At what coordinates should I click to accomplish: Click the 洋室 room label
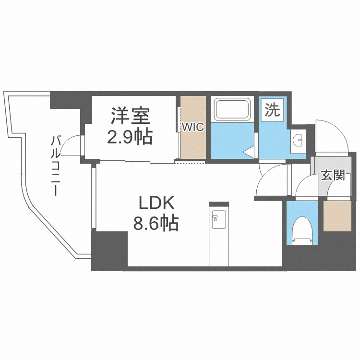(x=131, y=116)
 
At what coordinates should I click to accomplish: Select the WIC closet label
(x=192, y=127)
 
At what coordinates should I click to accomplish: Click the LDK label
(x=156, y=204)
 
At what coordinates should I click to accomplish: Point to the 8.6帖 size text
(x=156, y=224)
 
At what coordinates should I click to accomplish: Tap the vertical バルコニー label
(x=56, y=166)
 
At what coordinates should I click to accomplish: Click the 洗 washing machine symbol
(x=272, y=111)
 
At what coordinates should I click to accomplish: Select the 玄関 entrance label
(x=333, y=176)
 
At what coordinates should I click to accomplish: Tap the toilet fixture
(x=301, y=229)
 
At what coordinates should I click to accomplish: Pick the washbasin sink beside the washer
(x=298, y=140)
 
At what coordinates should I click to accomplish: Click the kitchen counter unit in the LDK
(x=219, y=235)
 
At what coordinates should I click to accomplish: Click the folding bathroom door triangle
(x=249, y=153)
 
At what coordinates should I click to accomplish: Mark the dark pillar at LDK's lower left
(x=109, y=250)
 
